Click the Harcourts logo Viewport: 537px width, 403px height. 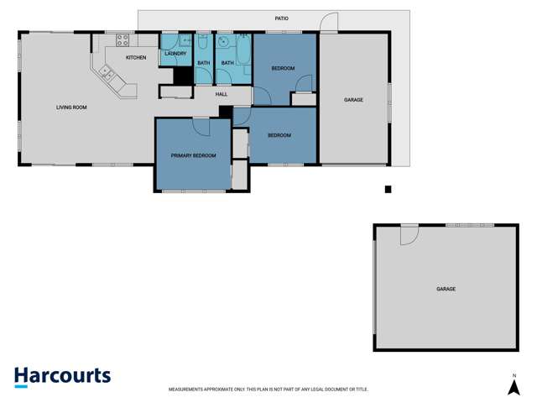(62, 376)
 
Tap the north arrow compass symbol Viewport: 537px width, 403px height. (514, 388)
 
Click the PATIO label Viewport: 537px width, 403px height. (282, 17)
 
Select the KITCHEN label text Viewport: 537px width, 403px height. (136, 57)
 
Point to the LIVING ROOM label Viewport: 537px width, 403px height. (71, 107)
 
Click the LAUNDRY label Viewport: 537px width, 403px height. (175, 54)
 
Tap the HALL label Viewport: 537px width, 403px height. (222, 94)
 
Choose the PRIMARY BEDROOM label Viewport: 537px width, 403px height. (194, 155)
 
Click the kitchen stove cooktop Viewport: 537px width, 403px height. (123, 39)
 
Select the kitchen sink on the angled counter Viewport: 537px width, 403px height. (107, 73)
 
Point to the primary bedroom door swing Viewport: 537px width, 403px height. (201, 125)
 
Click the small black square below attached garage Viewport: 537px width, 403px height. (388, 190)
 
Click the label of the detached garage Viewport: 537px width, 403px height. (446, 289)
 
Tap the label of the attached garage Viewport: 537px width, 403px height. (353, 100)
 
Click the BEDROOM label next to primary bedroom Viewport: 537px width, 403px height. (279, 135)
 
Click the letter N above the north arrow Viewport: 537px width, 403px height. (514, 374)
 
